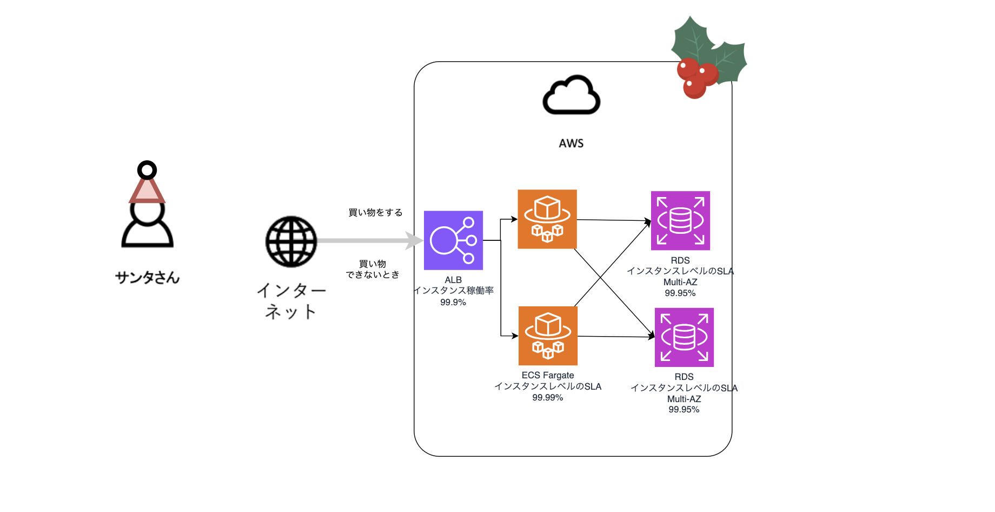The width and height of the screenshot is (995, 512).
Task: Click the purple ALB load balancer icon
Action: [x=453, y=240]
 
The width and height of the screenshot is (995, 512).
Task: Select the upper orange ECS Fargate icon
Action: [x=547, y=219]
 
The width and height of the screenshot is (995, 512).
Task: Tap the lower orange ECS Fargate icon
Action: [x=548, y=336]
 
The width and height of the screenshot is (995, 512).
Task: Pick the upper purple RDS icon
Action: [x=680, y=221]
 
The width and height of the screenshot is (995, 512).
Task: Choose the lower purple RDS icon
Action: [x=684, y=337]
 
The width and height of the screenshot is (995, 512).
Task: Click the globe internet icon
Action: [x=291, y=241]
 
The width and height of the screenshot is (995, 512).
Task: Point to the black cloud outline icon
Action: [x=572, y=95]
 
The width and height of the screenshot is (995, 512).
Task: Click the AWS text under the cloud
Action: [x=571, y=143]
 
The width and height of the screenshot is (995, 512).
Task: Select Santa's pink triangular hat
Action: [x=147, y=190]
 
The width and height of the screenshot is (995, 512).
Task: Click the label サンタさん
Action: [x=147, y=278]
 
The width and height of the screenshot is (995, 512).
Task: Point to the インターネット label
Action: [x=291, y=301]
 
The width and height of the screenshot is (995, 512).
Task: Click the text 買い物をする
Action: [x=375, y=213]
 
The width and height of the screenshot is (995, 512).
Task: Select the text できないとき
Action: [x=373, y=275]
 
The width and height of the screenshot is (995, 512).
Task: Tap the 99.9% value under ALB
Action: [x=453, y=303]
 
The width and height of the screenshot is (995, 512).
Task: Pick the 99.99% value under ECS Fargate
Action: [x=548, y=398]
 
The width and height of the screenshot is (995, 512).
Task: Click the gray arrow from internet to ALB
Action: [x=370, y=240]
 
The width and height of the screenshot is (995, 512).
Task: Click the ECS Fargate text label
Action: [x=548, y=375]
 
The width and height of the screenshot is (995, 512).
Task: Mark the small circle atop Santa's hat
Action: [x=147, y=170]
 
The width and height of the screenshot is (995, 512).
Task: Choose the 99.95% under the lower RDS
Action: [x=684, y=410]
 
